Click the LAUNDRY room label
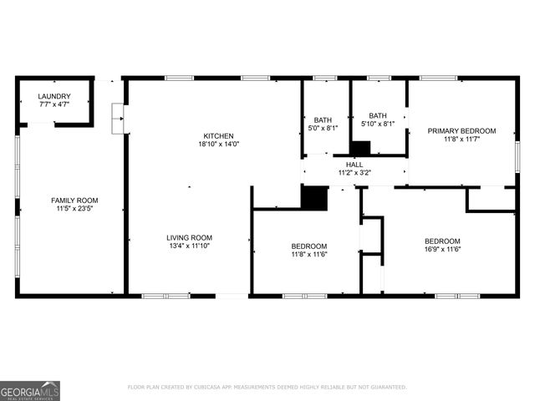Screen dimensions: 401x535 (x=54, y=97)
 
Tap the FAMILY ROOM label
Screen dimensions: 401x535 (x=74, y=200)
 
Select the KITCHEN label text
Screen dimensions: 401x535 (x=218, y=135)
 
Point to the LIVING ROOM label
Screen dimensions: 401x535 (x=189, y=237)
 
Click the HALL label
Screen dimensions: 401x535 (x=354, y=165)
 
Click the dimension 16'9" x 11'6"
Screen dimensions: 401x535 (x=442, y=249)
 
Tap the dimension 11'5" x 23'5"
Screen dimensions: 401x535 (x=74, y=209)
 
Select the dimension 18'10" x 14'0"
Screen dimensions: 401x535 (x=218, y=144)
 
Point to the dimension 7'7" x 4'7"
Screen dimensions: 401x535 (x=54, y=105)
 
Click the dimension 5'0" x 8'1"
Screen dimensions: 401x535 (x=323, y=128)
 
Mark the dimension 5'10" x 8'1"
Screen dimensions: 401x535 (x=378, y=124)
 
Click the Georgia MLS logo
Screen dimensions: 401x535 (x=30, y=390)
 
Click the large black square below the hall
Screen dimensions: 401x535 (x=314, y=198)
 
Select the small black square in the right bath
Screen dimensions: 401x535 (x=360, y=148)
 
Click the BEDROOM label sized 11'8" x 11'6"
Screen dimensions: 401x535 (x=308, y=246)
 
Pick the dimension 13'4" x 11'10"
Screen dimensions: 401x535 (x=189, y=246)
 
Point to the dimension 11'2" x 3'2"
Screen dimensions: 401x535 (x=354, y=173)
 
